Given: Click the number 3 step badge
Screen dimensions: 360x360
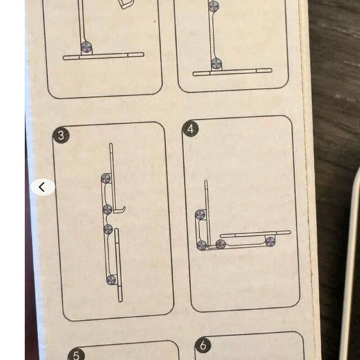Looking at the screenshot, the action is (61, 135).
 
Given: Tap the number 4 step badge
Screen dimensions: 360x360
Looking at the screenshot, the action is (190, 129).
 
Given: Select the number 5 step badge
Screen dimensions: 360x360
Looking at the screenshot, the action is (76, 355).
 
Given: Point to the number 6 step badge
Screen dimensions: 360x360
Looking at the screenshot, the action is (203, 345).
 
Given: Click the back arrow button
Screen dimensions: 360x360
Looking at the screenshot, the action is (43, 187).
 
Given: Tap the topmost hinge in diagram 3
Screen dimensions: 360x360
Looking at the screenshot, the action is (106, 178).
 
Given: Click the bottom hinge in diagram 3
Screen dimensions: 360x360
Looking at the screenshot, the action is (111, 280).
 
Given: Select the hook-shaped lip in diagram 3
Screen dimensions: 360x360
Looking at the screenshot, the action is (120, 209).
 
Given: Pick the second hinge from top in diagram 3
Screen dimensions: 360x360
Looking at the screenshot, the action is (107, 209).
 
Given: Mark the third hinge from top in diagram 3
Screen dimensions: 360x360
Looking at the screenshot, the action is (108, 229).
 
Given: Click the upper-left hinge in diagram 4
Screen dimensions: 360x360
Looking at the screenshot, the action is (200, 215).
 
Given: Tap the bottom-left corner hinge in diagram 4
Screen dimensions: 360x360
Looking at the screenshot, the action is (202, 245).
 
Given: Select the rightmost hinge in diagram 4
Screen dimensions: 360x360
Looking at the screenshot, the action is (270, 241).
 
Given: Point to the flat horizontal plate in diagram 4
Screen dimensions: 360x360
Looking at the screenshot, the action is (255, 234).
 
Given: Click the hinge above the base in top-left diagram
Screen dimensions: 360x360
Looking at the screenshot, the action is (86, 47).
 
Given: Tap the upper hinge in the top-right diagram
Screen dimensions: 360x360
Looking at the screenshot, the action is (213, 5).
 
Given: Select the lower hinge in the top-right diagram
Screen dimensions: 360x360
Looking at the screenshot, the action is (216, 63).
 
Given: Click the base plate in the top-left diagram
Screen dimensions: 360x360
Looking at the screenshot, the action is (103, 56).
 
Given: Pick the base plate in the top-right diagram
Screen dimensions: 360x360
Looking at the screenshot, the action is (233, 72).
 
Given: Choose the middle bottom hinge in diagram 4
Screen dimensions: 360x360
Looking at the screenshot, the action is (221, 244).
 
